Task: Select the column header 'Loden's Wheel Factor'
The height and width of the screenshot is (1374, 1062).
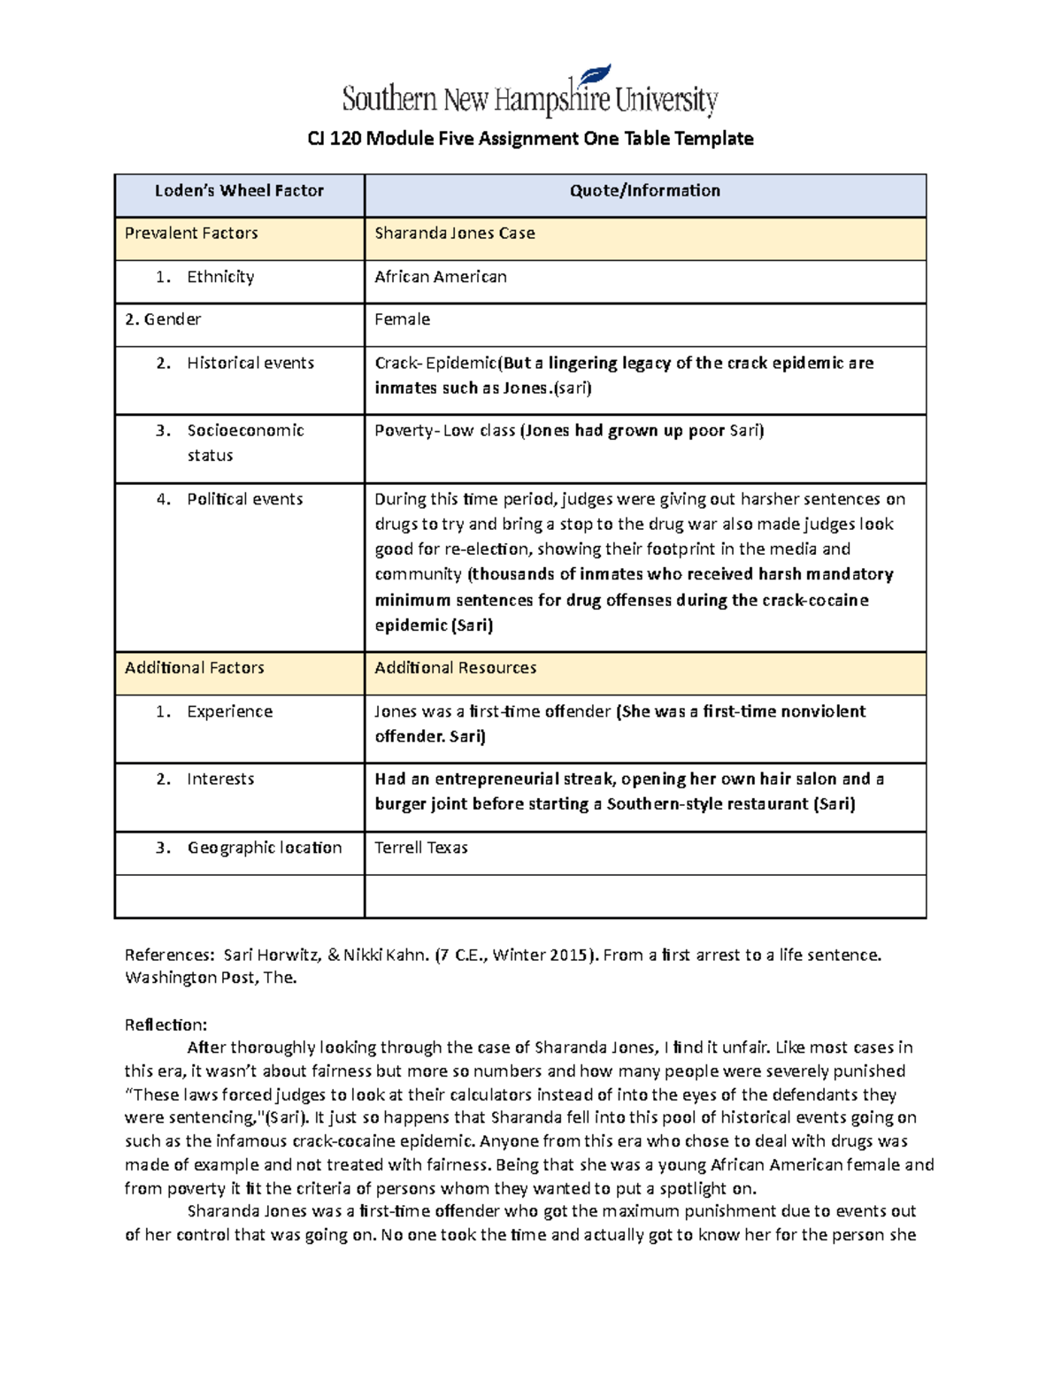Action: point(239,191)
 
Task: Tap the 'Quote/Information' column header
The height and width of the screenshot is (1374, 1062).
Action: point(644,191)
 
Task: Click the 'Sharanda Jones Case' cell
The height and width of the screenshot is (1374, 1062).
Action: point(455,234)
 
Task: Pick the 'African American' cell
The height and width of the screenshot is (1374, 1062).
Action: point(441,277)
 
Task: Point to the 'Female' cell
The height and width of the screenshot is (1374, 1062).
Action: point(403,319)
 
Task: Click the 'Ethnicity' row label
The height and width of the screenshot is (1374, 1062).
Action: point(220,277)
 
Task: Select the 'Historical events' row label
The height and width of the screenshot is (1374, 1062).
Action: point(250,363)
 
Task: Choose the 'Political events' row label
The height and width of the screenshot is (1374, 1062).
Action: point(245,499)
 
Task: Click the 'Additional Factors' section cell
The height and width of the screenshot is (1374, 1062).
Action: point(195,668)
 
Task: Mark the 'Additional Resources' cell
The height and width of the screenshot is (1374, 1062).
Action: point(456,668)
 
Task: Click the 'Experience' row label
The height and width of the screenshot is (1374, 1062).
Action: point(230,711)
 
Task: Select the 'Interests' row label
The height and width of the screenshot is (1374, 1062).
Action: point(220,779)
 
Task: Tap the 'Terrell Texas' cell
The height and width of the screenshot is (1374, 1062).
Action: point(421,848)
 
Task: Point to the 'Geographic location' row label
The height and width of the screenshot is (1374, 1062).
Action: point(265,848)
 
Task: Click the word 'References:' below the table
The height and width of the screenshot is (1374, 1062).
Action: point(169,956)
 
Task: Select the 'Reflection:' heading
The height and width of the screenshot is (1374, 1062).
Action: point(165,1025)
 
